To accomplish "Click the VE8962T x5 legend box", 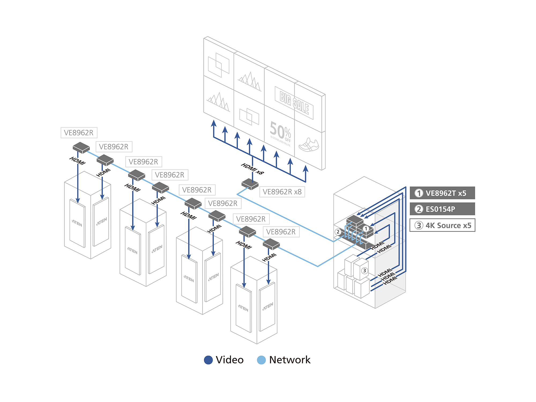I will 442,193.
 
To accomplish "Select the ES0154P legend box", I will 442,209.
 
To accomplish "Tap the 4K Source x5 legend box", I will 442,225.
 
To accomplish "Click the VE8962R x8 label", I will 282,192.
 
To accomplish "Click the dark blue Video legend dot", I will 208,360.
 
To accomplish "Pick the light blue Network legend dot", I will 261,360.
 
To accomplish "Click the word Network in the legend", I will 290,360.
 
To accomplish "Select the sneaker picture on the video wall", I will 309,145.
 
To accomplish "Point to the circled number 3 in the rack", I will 364,271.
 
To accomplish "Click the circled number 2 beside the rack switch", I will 338,232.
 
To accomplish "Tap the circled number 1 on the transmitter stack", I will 366,229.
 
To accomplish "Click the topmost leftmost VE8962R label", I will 79,133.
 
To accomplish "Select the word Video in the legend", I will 230,360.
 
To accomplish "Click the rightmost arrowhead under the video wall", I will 306,169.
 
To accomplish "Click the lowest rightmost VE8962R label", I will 281,232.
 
